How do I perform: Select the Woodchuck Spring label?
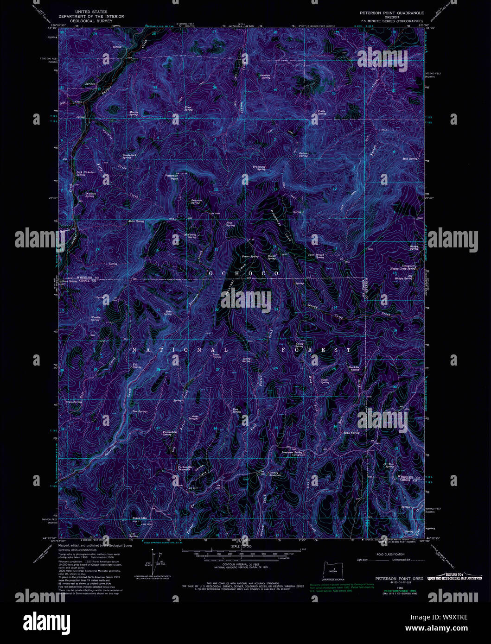(x=129, y=156)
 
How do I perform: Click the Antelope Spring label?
(x=265, y=76)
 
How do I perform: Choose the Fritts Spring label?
(x=321, y=112)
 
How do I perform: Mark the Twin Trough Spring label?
(x=316, y=256)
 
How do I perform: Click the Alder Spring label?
(x=136, y=221)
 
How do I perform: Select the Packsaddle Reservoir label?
(x=185, y=468)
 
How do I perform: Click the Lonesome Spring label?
(x=293, y=453)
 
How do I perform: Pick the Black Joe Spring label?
(x=354, y=368)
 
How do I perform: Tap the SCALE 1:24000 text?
(x=242, y=547)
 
